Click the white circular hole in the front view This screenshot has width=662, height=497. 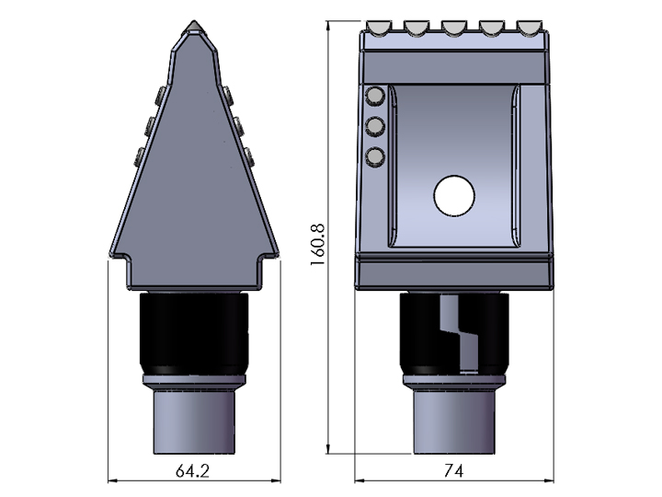[x=453, y=195]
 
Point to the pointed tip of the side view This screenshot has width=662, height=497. [x=193, y=24]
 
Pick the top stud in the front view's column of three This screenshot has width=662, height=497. [x=374, y=97]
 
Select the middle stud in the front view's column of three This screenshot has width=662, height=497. [x=374, y=126]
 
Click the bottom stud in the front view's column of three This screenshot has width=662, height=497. [x=374, y=156]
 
